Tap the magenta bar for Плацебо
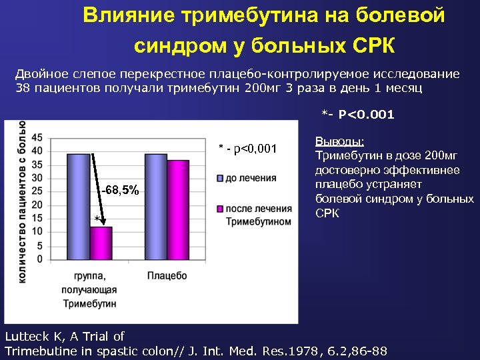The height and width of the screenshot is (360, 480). (177, 209)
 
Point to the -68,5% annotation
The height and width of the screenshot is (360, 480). (121, 191)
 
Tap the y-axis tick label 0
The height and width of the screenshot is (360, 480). (40, 258)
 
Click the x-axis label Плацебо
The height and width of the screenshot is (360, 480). (167, 275)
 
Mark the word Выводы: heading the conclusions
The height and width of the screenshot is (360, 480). (340, 142)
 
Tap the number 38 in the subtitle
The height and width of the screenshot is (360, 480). (23, 88)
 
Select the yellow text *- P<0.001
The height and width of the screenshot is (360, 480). (358, 115)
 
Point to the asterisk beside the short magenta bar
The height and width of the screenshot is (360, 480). (97, 219)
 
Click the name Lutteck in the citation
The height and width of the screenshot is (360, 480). (27, 336)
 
